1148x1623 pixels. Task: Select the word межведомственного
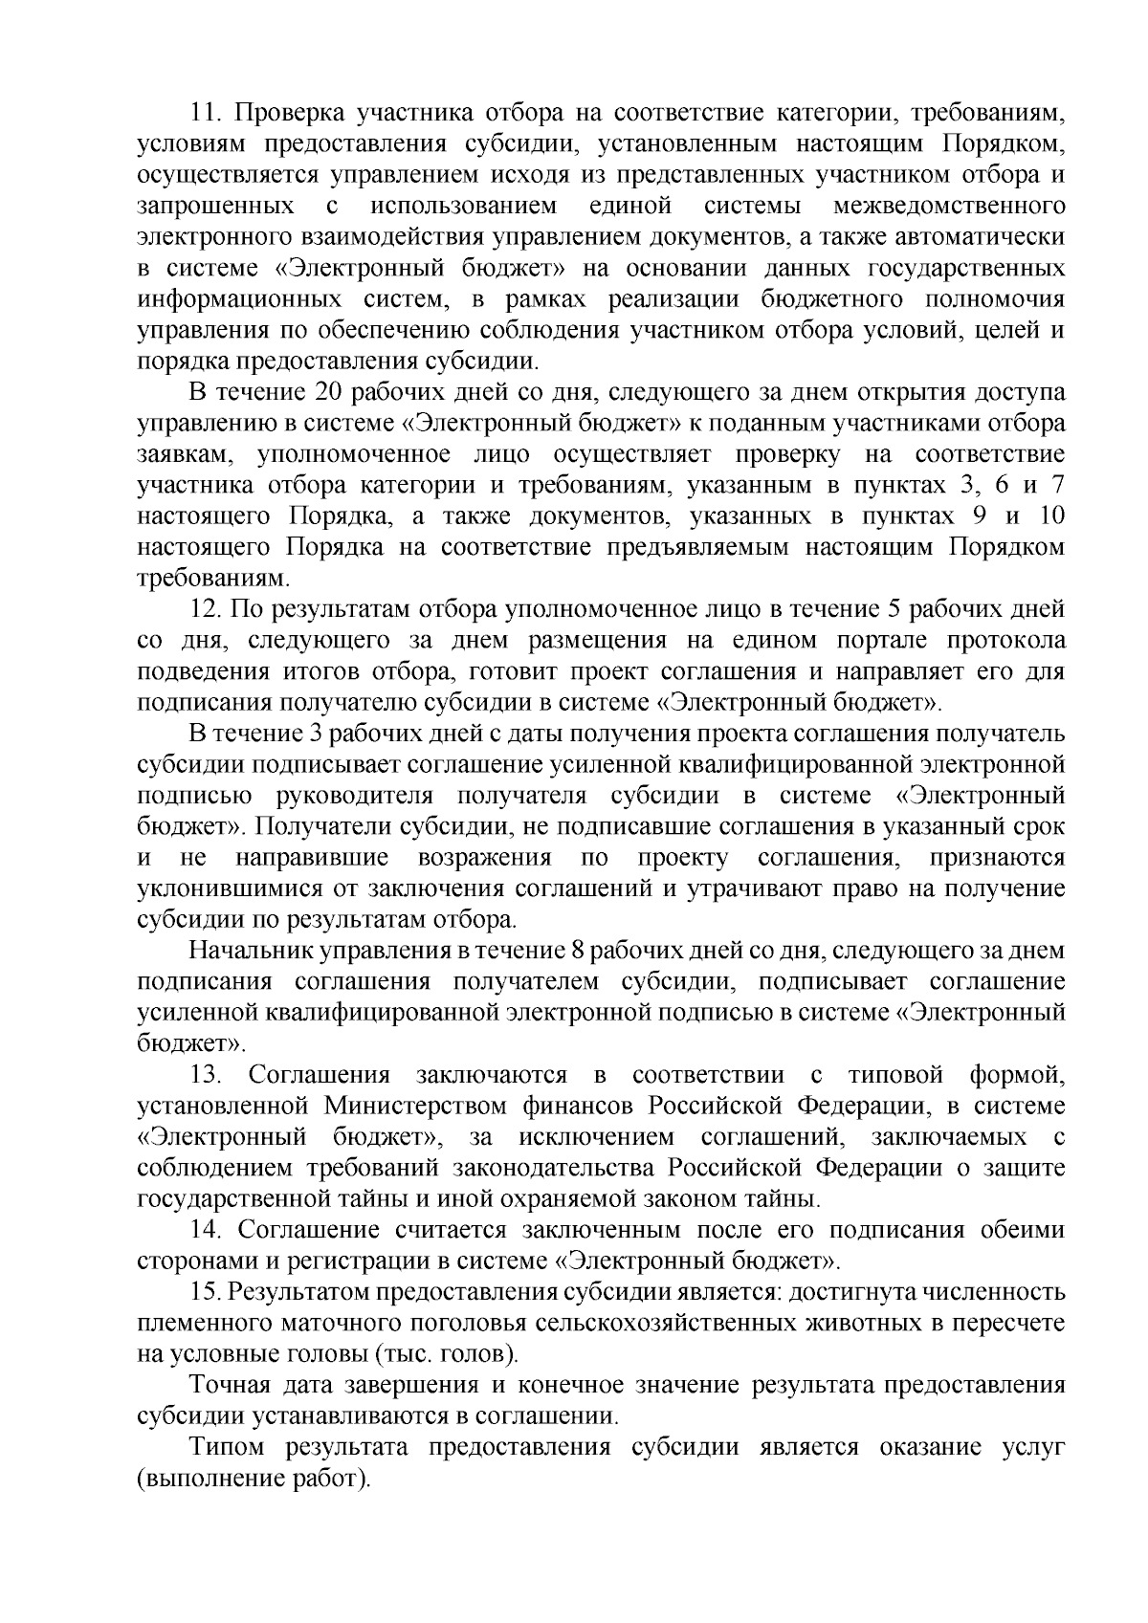(x=950, y=206)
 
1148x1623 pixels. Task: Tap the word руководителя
(x=354, y=796)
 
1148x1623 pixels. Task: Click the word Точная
(x=228, y=1385)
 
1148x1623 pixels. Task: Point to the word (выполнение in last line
(x=206, y=1479)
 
